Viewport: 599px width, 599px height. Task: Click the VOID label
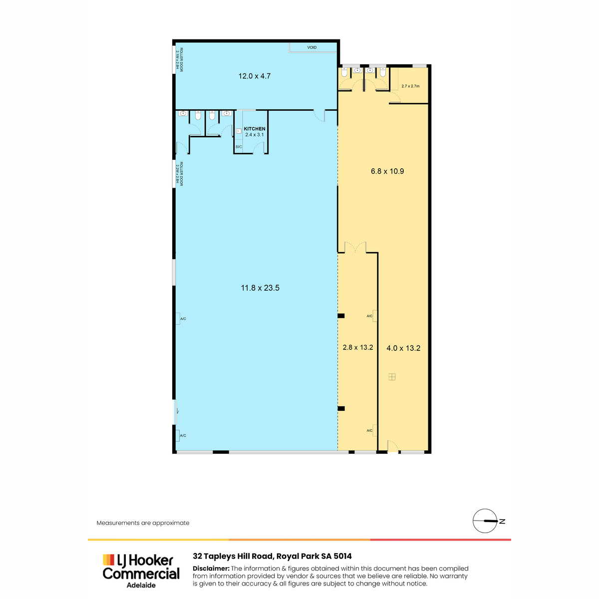pos(311,47)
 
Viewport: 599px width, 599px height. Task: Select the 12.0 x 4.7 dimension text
pos(254,76)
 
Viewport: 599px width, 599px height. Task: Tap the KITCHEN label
pos(254,129)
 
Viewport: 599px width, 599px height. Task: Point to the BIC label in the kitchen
pos(239,147)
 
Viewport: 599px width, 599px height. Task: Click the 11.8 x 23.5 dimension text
pos(260,288)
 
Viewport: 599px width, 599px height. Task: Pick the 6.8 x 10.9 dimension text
pos(387,171)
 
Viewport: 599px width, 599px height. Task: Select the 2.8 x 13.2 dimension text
pos(357,347)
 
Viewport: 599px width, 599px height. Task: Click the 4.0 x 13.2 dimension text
pos(403,348)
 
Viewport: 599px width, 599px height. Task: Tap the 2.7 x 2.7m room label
pos(410,86)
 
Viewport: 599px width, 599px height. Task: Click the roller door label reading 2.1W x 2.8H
pos(179,60)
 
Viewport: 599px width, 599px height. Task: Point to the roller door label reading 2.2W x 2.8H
pos(179,174)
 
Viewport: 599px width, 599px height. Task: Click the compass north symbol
pos(487,521)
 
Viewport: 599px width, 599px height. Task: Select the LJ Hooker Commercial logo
pos(141,571)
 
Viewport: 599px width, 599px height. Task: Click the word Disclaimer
pos(211,569)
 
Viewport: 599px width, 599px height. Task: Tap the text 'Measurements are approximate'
pos(143,523)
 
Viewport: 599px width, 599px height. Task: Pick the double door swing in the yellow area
pos(355,247)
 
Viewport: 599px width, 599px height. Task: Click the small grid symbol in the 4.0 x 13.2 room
pos(392,377)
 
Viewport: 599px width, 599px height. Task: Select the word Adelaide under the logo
pos(141,586)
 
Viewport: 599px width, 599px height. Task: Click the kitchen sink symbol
pos(239,131)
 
